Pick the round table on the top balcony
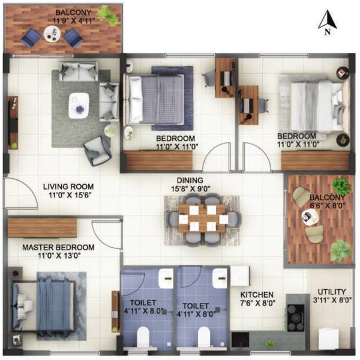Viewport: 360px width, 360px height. pos(52,37)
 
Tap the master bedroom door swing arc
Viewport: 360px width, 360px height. pos(106,233)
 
